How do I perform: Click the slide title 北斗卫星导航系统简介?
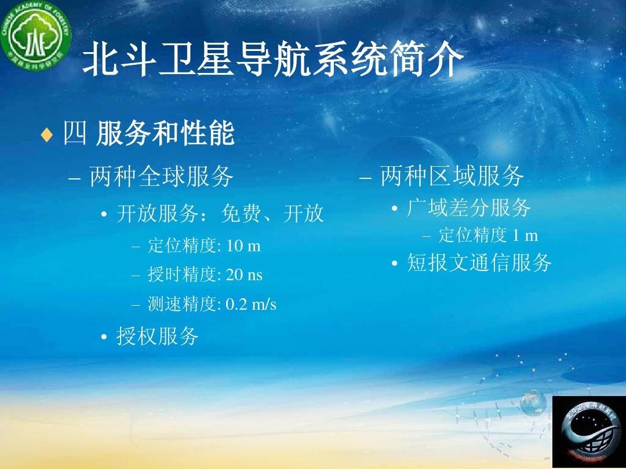tap(273, 61)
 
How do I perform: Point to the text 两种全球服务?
tap(161, 177)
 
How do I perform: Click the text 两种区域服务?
tap(452, 176)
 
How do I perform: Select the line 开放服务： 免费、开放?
tap(220, 214)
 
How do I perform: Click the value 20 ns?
tap(244, 274)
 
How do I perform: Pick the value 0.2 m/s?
tap(251, 304)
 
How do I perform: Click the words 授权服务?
tap(158, 336)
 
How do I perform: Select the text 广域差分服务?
tap(468, 207)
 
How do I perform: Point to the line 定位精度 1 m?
tap(488, 235)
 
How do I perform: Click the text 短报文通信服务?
tap(479, 263)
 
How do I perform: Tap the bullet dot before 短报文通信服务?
tap(394, 265)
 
